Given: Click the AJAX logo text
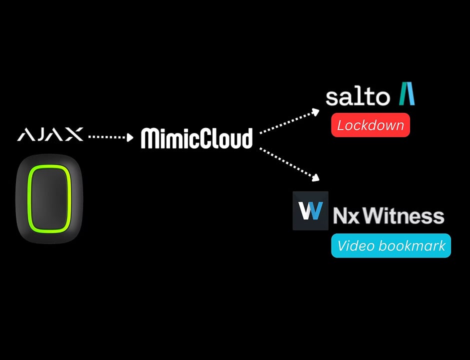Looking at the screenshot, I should click(50, 134).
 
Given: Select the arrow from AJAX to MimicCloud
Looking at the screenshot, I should click(111, 136).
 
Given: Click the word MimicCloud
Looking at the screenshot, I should click(196, 138).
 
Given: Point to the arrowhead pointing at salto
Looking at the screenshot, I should click(315, 111).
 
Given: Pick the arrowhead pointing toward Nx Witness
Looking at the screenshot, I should click(316, 177).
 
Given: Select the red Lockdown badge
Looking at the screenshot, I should click(370, 125).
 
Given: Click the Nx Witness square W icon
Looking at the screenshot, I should click(310, 210).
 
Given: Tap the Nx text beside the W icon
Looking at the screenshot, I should click(344, 216).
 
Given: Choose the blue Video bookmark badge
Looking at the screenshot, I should click(391, 245).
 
